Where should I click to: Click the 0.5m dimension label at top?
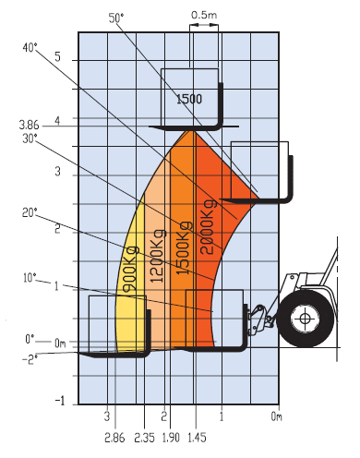pos(204,15)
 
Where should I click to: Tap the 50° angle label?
pos(116,18)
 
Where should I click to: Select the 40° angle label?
pos(30,48)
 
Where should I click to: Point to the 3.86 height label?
pos(30,125)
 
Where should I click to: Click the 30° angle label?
pos(30,139)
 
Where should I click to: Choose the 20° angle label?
pos(30,212)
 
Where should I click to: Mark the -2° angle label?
pos(30,359)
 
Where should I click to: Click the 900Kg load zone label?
pos(130,269)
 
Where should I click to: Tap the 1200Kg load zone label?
pos(157,256)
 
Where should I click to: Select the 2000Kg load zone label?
pos(208,227)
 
